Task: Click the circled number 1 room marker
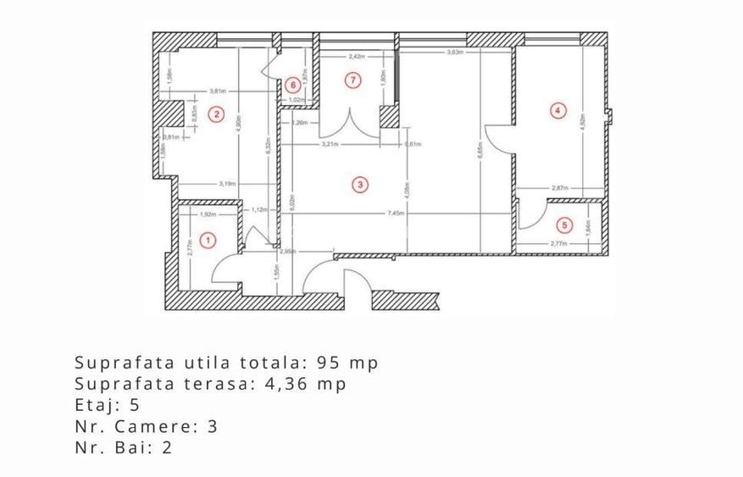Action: click(x=212, y=241)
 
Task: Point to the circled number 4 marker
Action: click(x=557, y=109)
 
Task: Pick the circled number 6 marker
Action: click(x=292, y=85)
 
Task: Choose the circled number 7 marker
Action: click(x=354, y=80)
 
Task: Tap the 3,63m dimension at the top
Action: click(x=455, y=53)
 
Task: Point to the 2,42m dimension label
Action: click(x=356, y=57)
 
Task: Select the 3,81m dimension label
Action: click(x=218, y=91)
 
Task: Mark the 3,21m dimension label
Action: click(x=330, y=144)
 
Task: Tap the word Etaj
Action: click(x=95, y=405)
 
